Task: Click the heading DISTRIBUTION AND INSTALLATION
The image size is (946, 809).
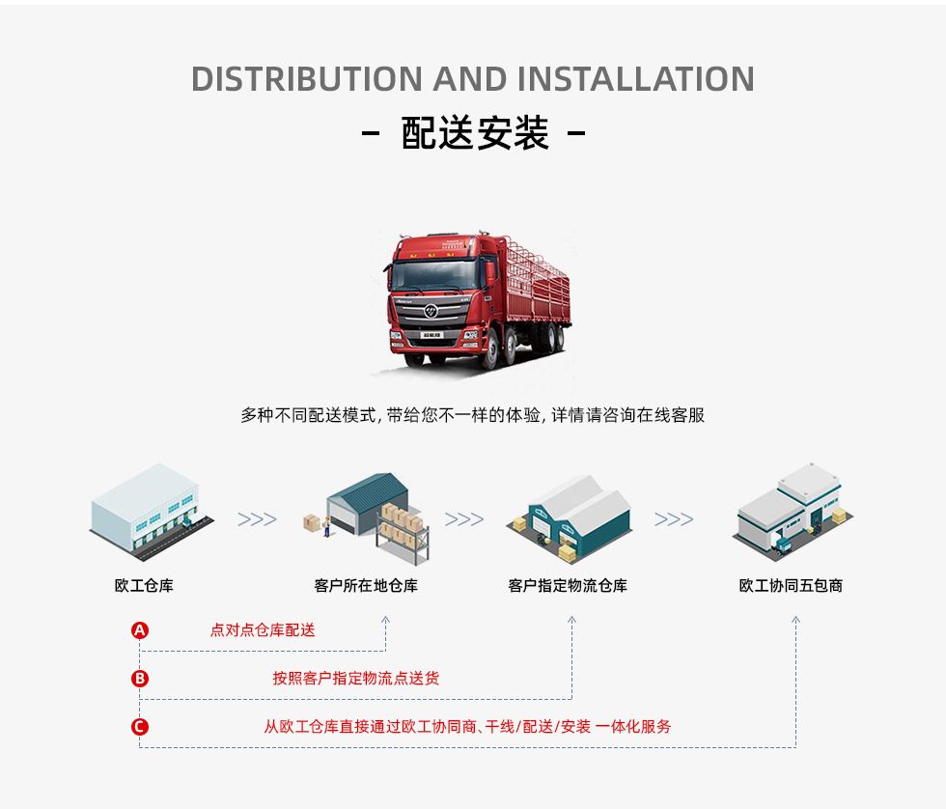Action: pyautogui.click(x=472, y=78)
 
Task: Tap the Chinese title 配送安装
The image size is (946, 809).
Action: pyautogui.click(x=474, y=133)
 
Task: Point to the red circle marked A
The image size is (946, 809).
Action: pyautogui.click(x=140, y=630)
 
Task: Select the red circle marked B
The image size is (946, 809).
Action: pyautogui.click(x=140, y=679)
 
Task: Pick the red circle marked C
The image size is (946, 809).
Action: pyautogui.click(x=140, y=727)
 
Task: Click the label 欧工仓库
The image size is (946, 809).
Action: pyautogui.click(x=144, y=585)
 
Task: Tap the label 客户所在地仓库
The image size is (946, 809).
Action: pyautogui.click(x=366, y=585)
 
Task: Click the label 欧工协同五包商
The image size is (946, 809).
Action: pyautogui.click(x=791, y=585)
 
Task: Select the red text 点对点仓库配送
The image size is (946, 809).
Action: pyautogui.click(x=263, y=630)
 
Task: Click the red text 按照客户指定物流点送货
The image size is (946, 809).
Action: pyautogui.click(x=355, y=679)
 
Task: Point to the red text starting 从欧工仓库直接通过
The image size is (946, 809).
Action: pyautogui.click(x=467, y=727)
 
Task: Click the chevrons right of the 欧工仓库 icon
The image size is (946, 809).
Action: pyautogui.click(x=257, y=519)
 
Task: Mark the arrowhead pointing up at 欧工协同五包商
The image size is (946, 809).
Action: pyautogui.click(x=795, y=621)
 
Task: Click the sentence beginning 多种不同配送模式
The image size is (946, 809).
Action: pyautogui.click(x=472, y=415)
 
